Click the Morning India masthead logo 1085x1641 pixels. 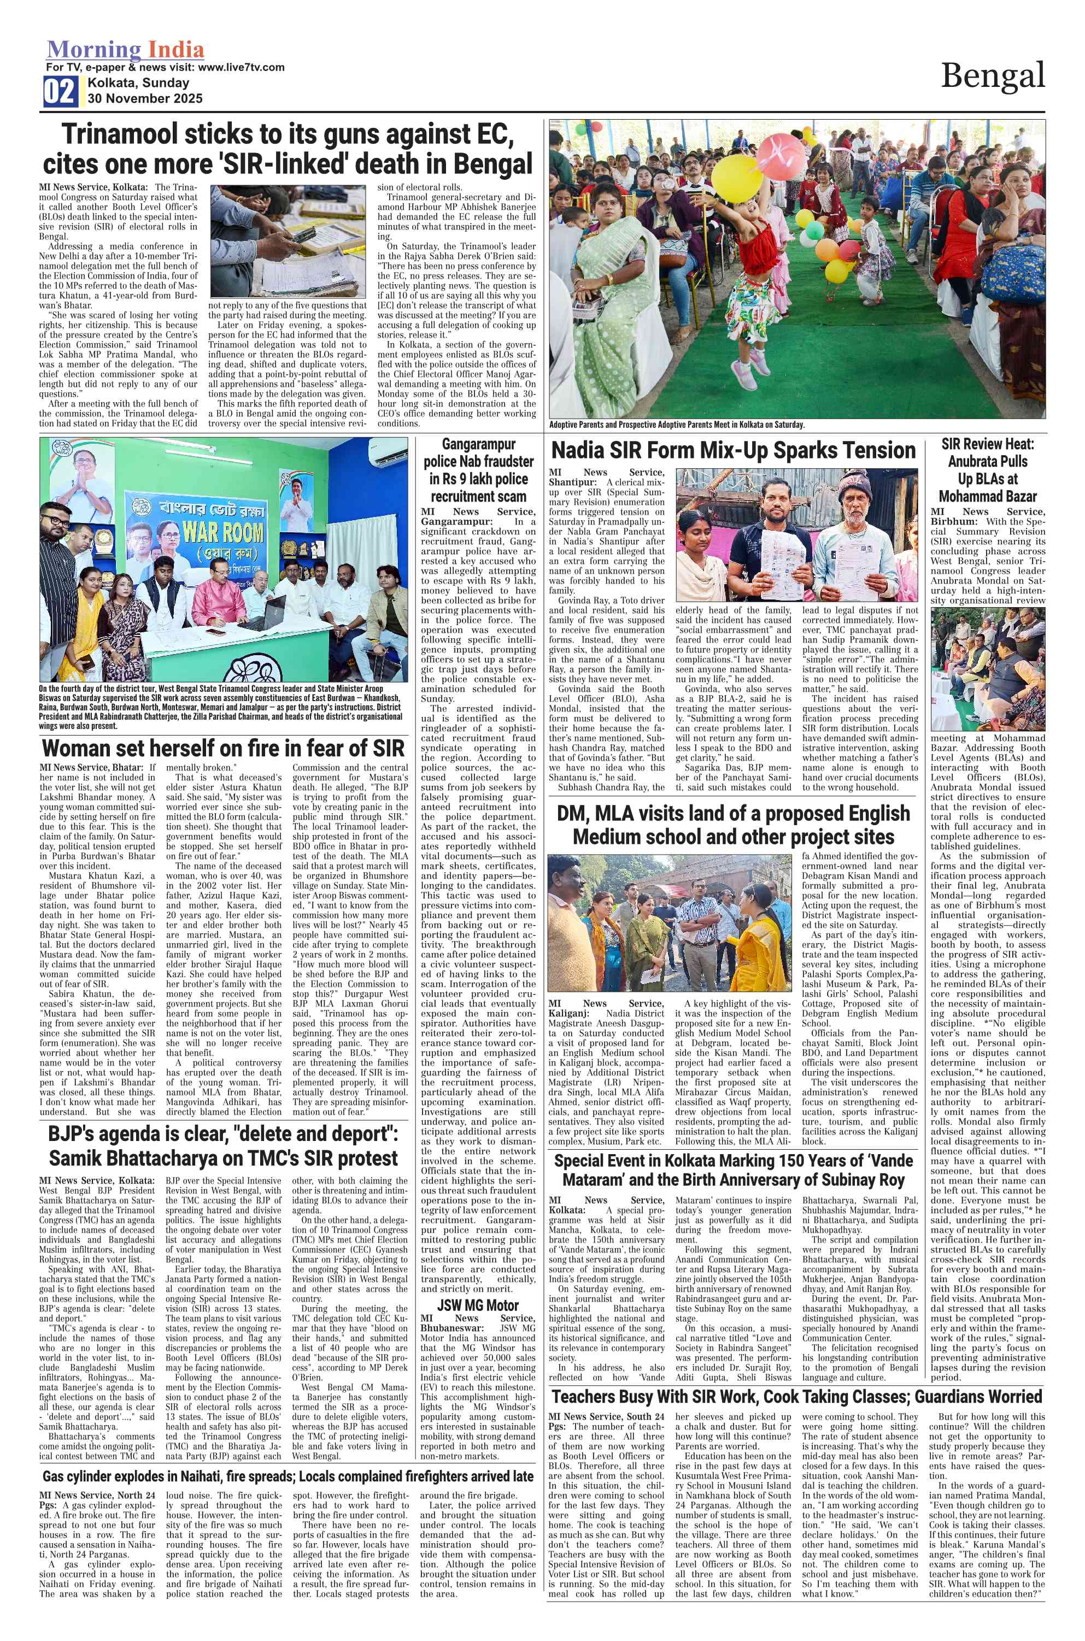[x=125, y=50]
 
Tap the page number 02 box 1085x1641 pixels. [x=60, y=91]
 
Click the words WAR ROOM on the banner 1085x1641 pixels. [x=223, y=533]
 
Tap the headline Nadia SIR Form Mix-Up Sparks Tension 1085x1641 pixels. [x=733, y=451]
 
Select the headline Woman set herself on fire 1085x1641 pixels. [x=223, y=749]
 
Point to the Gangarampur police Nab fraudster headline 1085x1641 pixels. [x=478, y=470]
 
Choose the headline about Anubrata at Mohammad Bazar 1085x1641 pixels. [x=988, y=470]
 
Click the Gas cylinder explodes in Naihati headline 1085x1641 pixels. [x=288, y=1477]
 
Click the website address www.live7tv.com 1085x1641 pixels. [x=241, y=68]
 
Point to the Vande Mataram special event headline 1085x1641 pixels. [x=733, y=1170]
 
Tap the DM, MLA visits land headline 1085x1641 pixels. [x=733, y=825]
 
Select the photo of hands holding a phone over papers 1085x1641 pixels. [x=288, y=241]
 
